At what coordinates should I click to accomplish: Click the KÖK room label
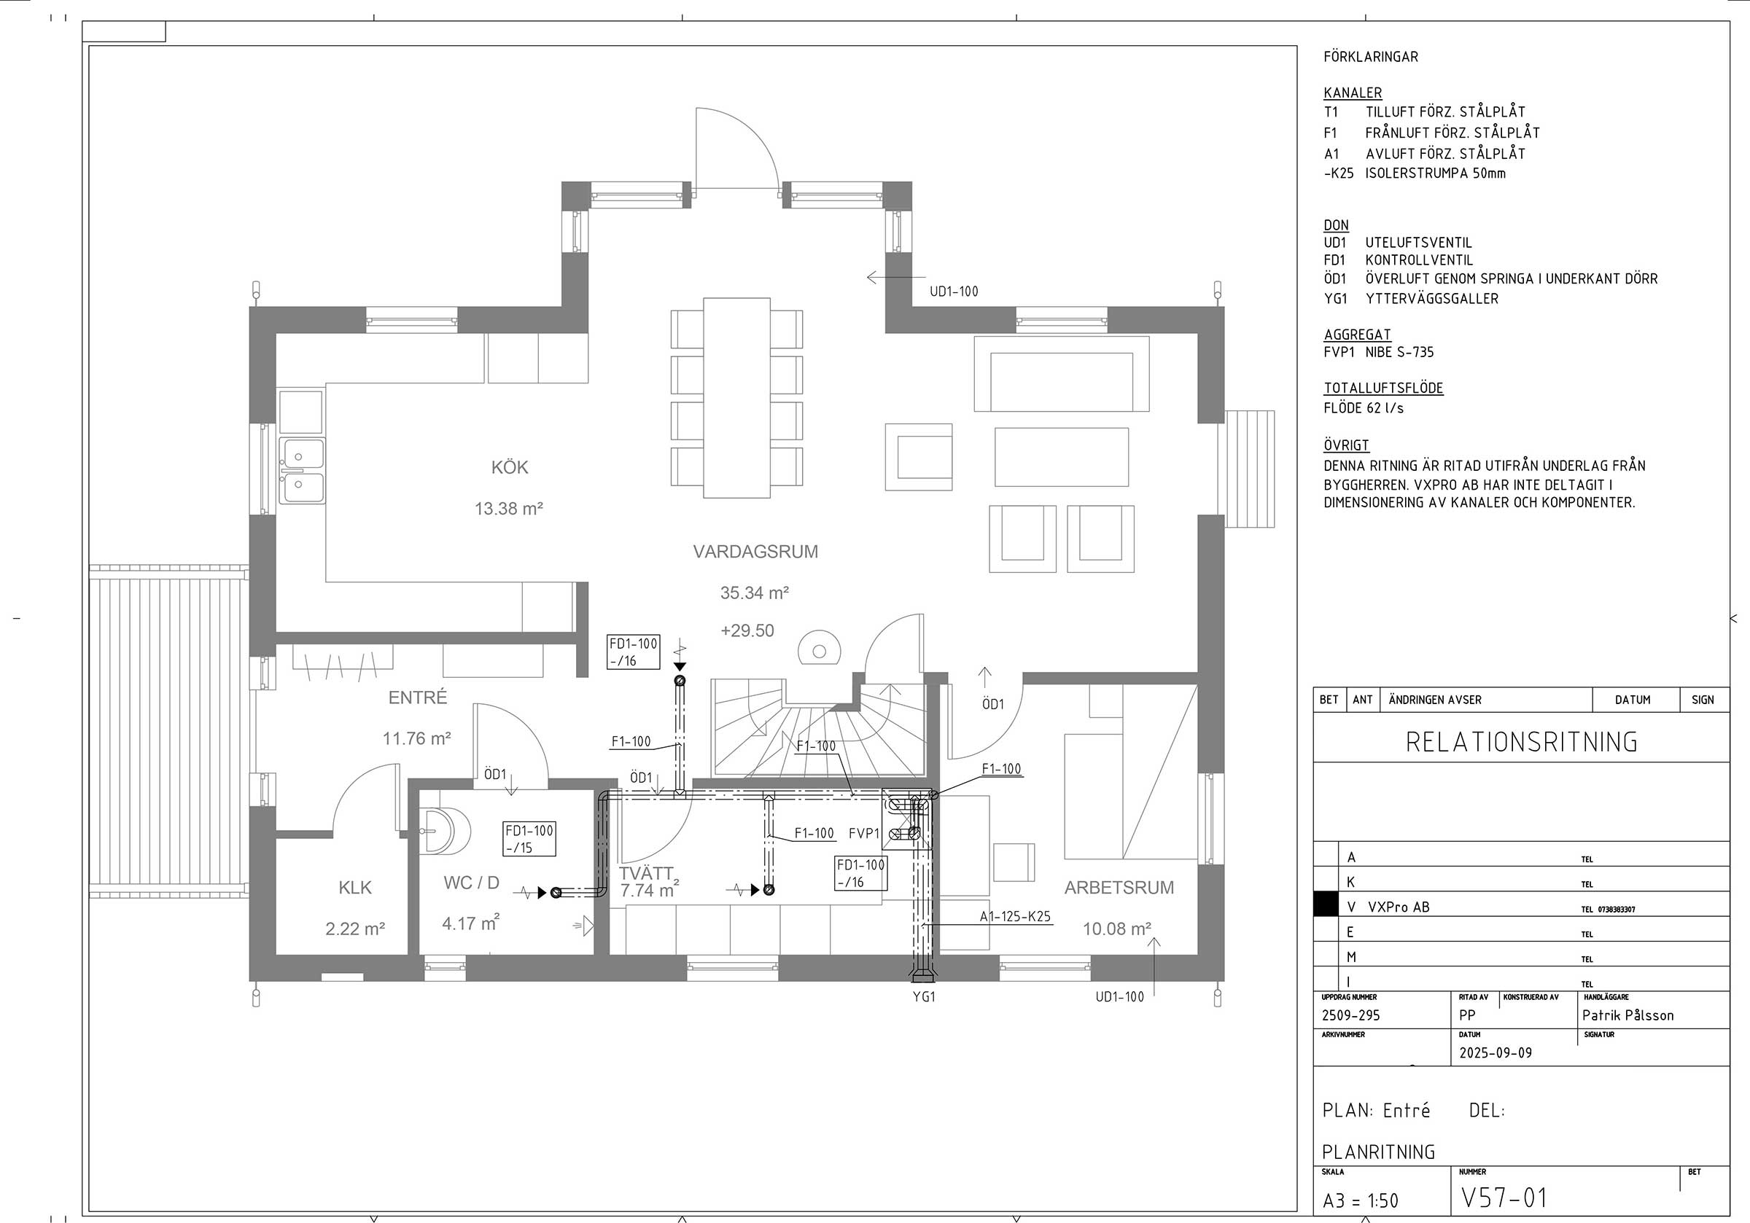[509, 468]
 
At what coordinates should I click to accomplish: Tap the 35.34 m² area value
[754, 593]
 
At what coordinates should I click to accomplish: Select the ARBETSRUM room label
[1118, 888]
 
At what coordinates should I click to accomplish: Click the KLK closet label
[354, 888]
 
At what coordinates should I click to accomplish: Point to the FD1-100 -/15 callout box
[529, 839]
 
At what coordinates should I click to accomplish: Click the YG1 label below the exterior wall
[924, 996]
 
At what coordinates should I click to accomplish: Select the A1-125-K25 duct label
[1014, 918]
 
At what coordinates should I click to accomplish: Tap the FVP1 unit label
[864, 834]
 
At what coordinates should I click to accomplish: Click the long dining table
[736, 398]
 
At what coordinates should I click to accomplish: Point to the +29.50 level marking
[747, 631]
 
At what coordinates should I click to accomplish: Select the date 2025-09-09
[1495, 1053]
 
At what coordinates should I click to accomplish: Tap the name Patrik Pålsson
[1627, 1015]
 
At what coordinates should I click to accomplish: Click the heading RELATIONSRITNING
[1521, 742]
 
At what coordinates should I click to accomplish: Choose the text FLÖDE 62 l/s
[1364, 408]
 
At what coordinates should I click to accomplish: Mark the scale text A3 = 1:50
[1361, 1201]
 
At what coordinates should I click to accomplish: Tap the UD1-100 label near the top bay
[954, 291]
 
